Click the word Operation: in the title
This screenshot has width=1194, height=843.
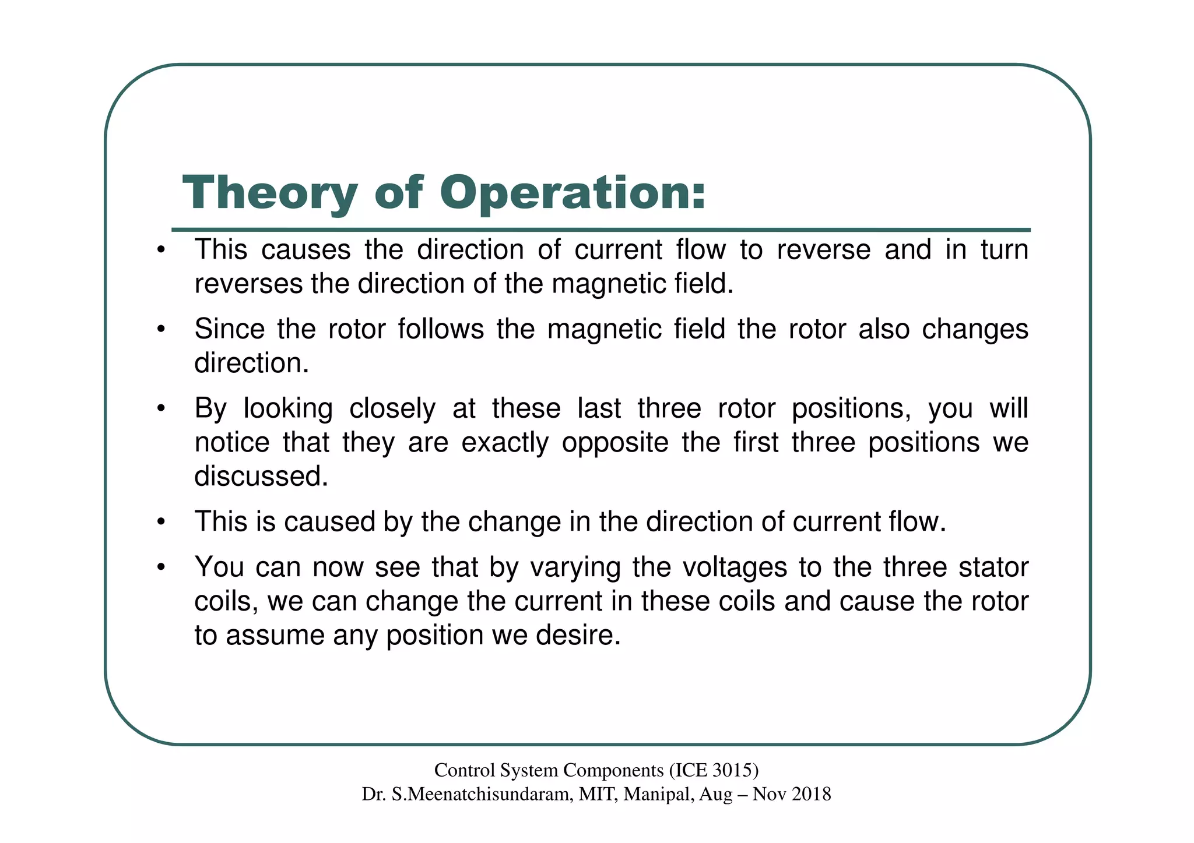pos(573,194)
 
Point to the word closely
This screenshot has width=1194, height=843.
pos(392,408)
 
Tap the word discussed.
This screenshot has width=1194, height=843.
pos(261,477)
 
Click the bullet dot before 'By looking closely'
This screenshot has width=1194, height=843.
pos(161,410)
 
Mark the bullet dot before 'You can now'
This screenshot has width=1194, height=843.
pos(161,569)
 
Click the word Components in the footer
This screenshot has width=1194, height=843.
pos(613,771)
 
